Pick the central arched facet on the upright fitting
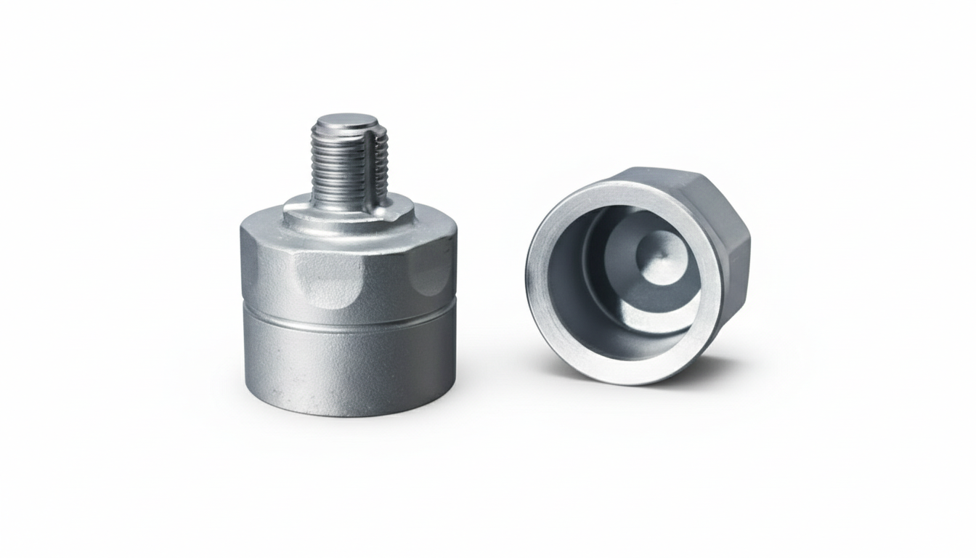point(330,283)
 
